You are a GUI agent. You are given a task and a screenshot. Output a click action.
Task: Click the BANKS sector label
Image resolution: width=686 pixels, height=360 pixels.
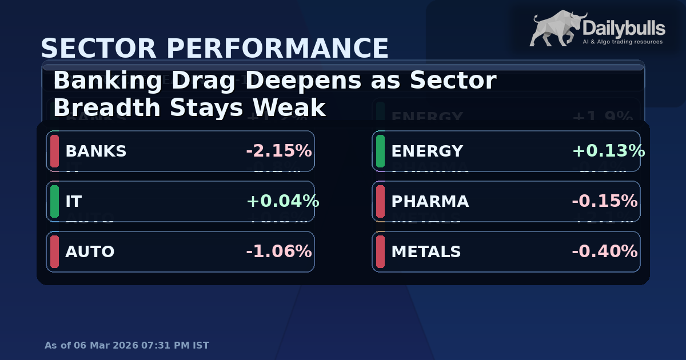pyautogui.click(x=95, y=151)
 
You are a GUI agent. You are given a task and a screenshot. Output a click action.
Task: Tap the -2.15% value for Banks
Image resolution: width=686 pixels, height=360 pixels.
pyautogui.click(x=278, y=151)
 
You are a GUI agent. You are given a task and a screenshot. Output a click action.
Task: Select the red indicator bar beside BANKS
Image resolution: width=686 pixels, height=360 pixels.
pyautogui.click(x=55, y=151)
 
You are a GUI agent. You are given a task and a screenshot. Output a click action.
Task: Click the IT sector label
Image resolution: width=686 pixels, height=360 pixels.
pyautogui.click(x=74, y=202)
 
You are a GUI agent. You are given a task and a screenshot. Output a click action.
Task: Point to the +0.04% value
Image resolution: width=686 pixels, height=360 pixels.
pyautogui.click(x=282, y=202)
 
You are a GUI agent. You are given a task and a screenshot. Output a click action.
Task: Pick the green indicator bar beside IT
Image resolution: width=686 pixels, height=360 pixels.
pyautogui.click(x=55, y=201)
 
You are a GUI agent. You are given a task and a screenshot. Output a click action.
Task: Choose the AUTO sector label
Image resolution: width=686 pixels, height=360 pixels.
pyautogui.click(x=90, y=252)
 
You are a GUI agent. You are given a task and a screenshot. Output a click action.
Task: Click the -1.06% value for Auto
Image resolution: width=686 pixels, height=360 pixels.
pyautogui.click(x=278, y=252)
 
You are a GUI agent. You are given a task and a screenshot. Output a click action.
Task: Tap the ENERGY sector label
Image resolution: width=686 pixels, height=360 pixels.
pyautogui.click(x=427, y=151)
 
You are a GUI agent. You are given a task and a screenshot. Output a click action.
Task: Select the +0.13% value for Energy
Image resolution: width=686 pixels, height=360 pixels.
pyautogui.click(x=608, y=151)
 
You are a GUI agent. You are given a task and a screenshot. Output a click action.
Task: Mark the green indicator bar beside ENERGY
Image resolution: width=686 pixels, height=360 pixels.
pyautogui.click(x=381, y=151)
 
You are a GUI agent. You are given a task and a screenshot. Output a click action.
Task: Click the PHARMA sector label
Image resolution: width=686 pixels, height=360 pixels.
pyautogui.click(x=430, y=202)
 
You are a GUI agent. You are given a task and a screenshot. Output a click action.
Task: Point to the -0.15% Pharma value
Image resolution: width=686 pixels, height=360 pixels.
pyautogui.click(x=604, y=202)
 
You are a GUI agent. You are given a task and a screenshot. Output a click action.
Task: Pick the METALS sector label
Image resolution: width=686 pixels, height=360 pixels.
pyautogui.click(x=426, y=252)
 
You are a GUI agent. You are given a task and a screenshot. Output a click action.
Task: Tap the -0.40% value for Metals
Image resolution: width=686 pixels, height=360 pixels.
pyautogui.click(x=604, y=252)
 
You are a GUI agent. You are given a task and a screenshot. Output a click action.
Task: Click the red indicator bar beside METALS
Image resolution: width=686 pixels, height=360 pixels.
pyautogui.click(x=381, y=251)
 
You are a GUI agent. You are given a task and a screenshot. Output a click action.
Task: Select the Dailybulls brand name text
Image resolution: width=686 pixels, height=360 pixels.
pyautogui.click(x=624, y=28)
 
